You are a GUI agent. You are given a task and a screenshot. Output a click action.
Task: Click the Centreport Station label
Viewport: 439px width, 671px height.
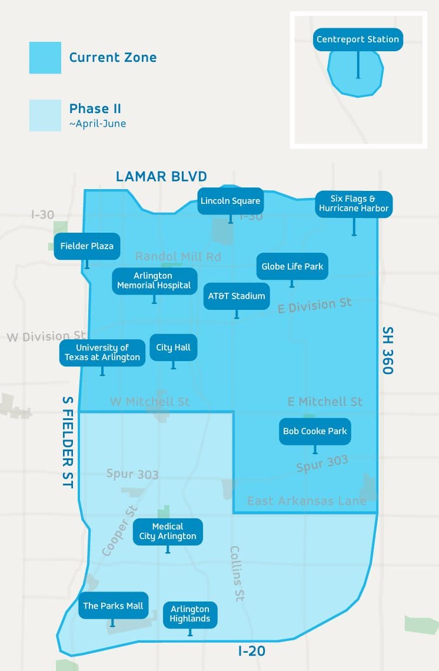[358, 39]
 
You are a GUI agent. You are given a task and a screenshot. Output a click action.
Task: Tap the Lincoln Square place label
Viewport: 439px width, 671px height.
[230, 201]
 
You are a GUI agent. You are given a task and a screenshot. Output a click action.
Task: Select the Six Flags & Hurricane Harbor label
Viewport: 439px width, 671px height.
[354, 204]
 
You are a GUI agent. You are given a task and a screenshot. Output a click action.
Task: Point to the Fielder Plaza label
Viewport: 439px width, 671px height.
[87, 246]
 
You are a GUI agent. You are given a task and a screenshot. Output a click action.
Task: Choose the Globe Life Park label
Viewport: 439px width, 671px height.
[292, 266]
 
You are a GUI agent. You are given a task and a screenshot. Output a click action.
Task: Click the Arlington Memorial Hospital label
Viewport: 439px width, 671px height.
[154, 280]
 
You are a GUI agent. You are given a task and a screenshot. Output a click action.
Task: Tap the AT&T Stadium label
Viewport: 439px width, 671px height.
[237, 296]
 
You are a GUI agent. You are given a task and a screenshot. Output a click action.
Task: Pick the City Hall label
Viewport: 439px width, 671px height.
[173, 347]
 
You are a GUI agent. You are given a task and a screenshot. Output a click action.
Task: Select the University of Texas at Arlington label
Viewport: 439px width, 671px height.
[102, 352]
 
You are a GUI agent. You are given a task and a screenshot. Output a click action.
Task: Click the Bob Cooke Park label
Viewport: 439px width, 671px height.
[315, 431]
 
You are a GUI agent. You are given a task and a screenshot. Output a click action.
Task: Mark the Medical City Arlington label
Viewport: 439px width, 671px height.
[168, 531]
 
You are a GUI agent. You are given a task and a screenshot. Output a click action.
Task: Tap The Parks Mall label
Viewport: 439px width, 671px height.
[113, 606]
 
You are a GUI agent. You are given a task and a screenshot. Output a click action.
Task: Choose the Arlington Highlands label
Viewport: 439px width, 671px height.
[190, 614]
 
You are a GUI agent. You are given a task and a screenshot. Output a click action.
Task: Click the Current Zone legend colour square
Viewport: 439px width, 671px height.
[45, 58]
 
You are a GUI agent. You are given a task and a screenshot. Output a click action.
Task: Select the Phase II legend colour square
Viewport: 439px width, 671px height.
[45, 115]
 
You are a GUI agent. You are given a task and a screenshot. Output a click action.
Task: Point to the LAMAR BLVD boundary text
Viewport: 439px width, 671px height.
[161, 176]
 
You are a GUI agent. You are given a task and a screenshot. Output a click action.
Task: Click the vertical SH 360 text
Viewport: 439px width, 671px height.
[387, 351]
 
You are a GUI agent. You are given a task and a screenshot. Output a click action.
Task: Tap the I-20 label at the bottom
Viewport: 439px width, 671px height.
[251, 651]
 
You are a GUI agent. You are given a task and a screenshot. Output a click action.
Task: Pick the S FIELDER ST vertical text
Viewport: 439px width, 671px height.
[68, 441]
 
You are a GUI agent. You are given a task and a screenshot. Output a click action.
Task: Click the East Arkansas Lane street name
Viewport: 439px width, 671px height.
[307, 501]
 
